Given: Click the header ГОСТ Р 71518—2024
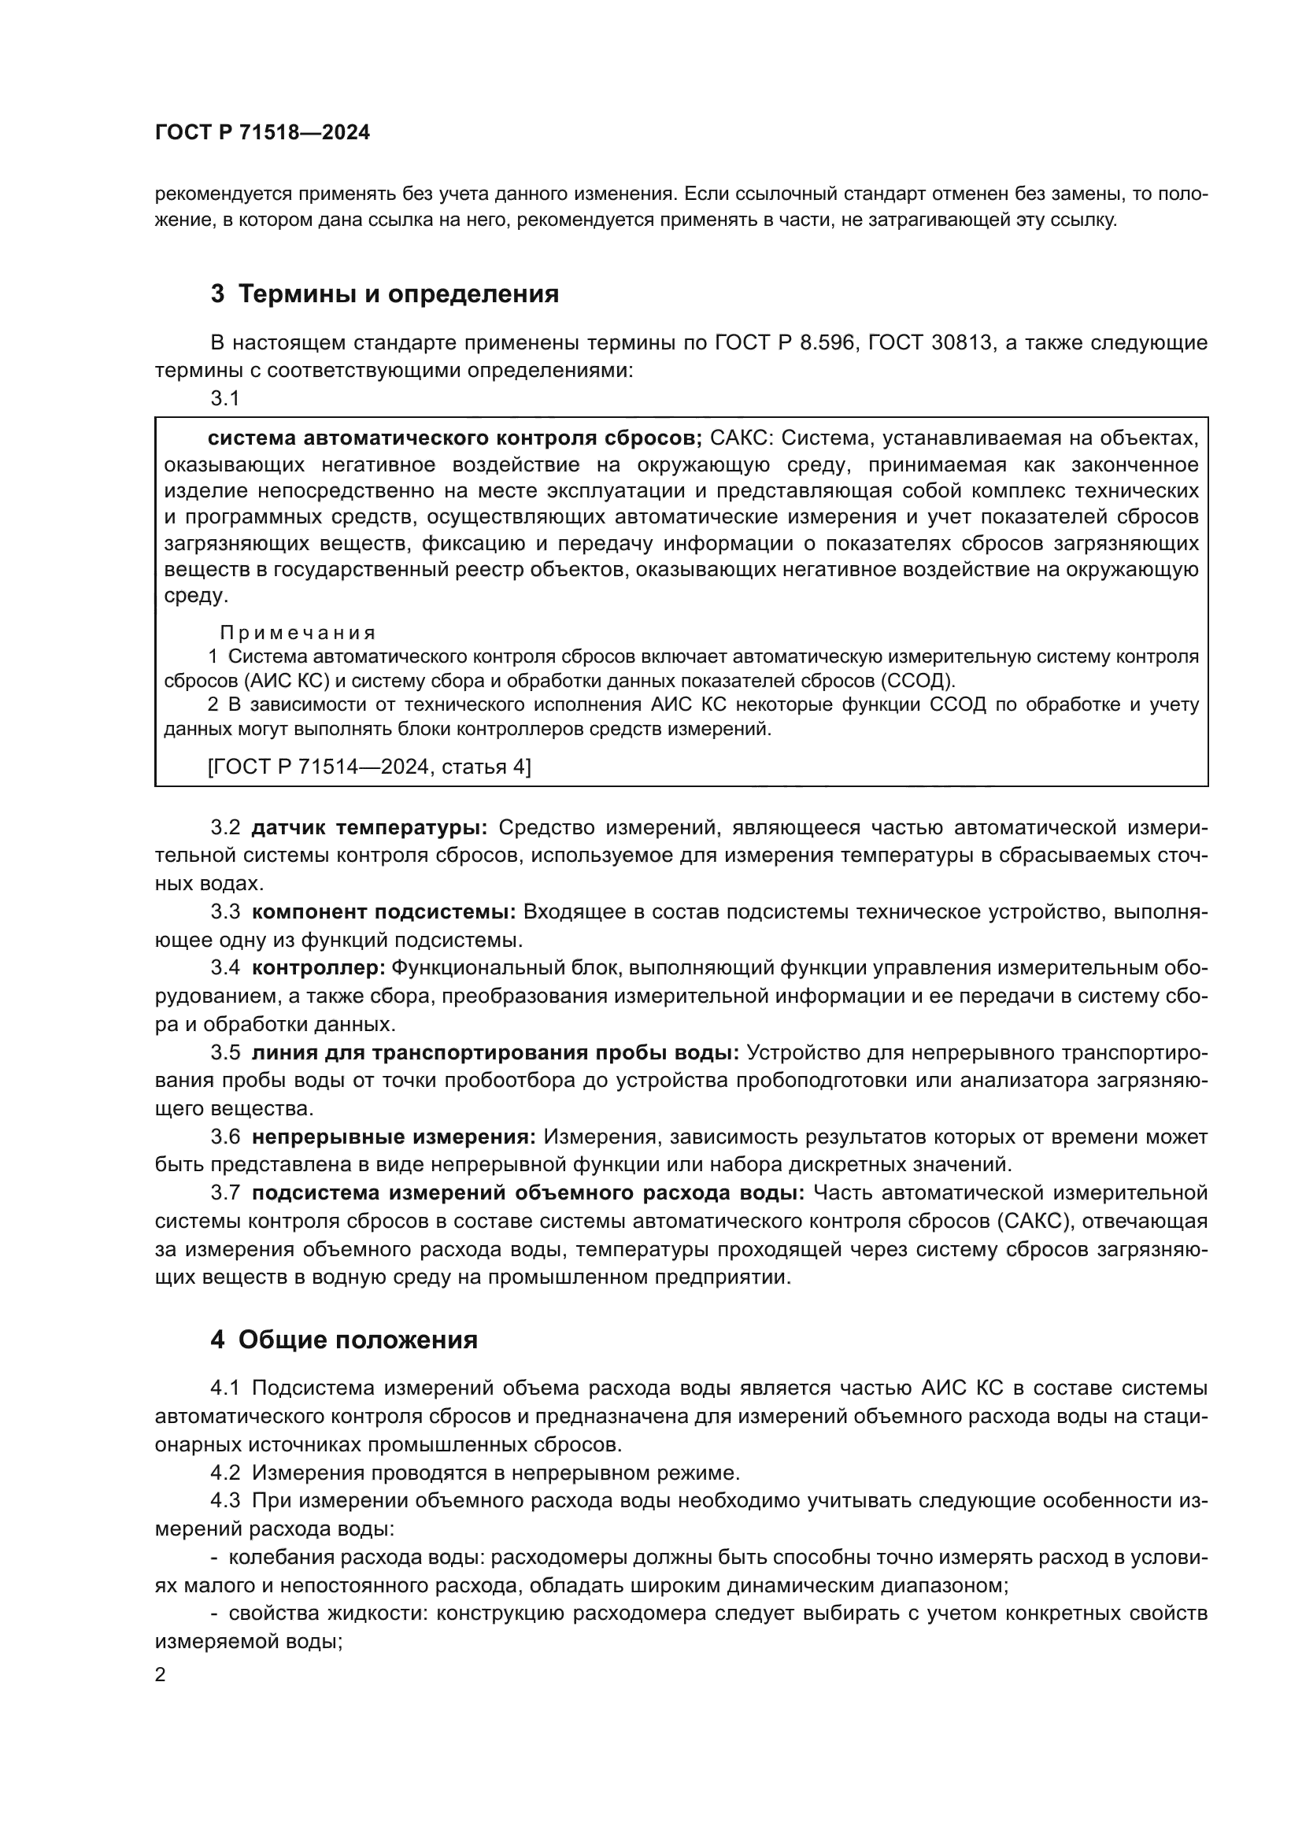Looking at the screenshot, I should point(262,133).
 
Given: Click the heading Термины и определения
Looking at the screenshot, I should point(398,294).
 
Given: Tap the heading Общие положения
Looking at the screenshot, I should point(357,1340).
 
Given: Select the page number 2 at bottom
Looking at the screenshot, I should point(161,1675).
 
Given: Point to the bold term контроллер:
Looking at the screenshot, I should point(318,968).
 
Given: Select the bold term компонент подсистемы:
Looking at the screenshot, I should point(383,911).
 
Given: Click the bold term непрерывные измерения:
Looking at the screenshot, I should point(394,1137).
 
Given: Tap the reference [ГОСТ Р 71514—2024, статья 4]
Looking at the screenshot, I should point(368,767).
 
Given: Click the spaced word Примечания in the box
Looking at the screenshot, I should point(298,633).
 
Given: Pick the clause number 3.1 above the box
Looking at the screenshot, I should point(225,398).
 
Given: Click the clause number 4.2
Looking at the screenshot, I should point(225,1473).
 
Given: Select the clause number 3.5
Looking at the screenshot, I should point(225,1052).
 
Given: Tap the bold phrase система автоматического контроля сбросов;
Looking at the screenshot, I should point(454,438).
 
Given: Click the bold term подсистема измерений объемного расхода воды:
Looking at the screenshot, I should point(527,1192).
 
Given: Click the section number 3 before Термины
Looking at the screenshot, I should point(217,294).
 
